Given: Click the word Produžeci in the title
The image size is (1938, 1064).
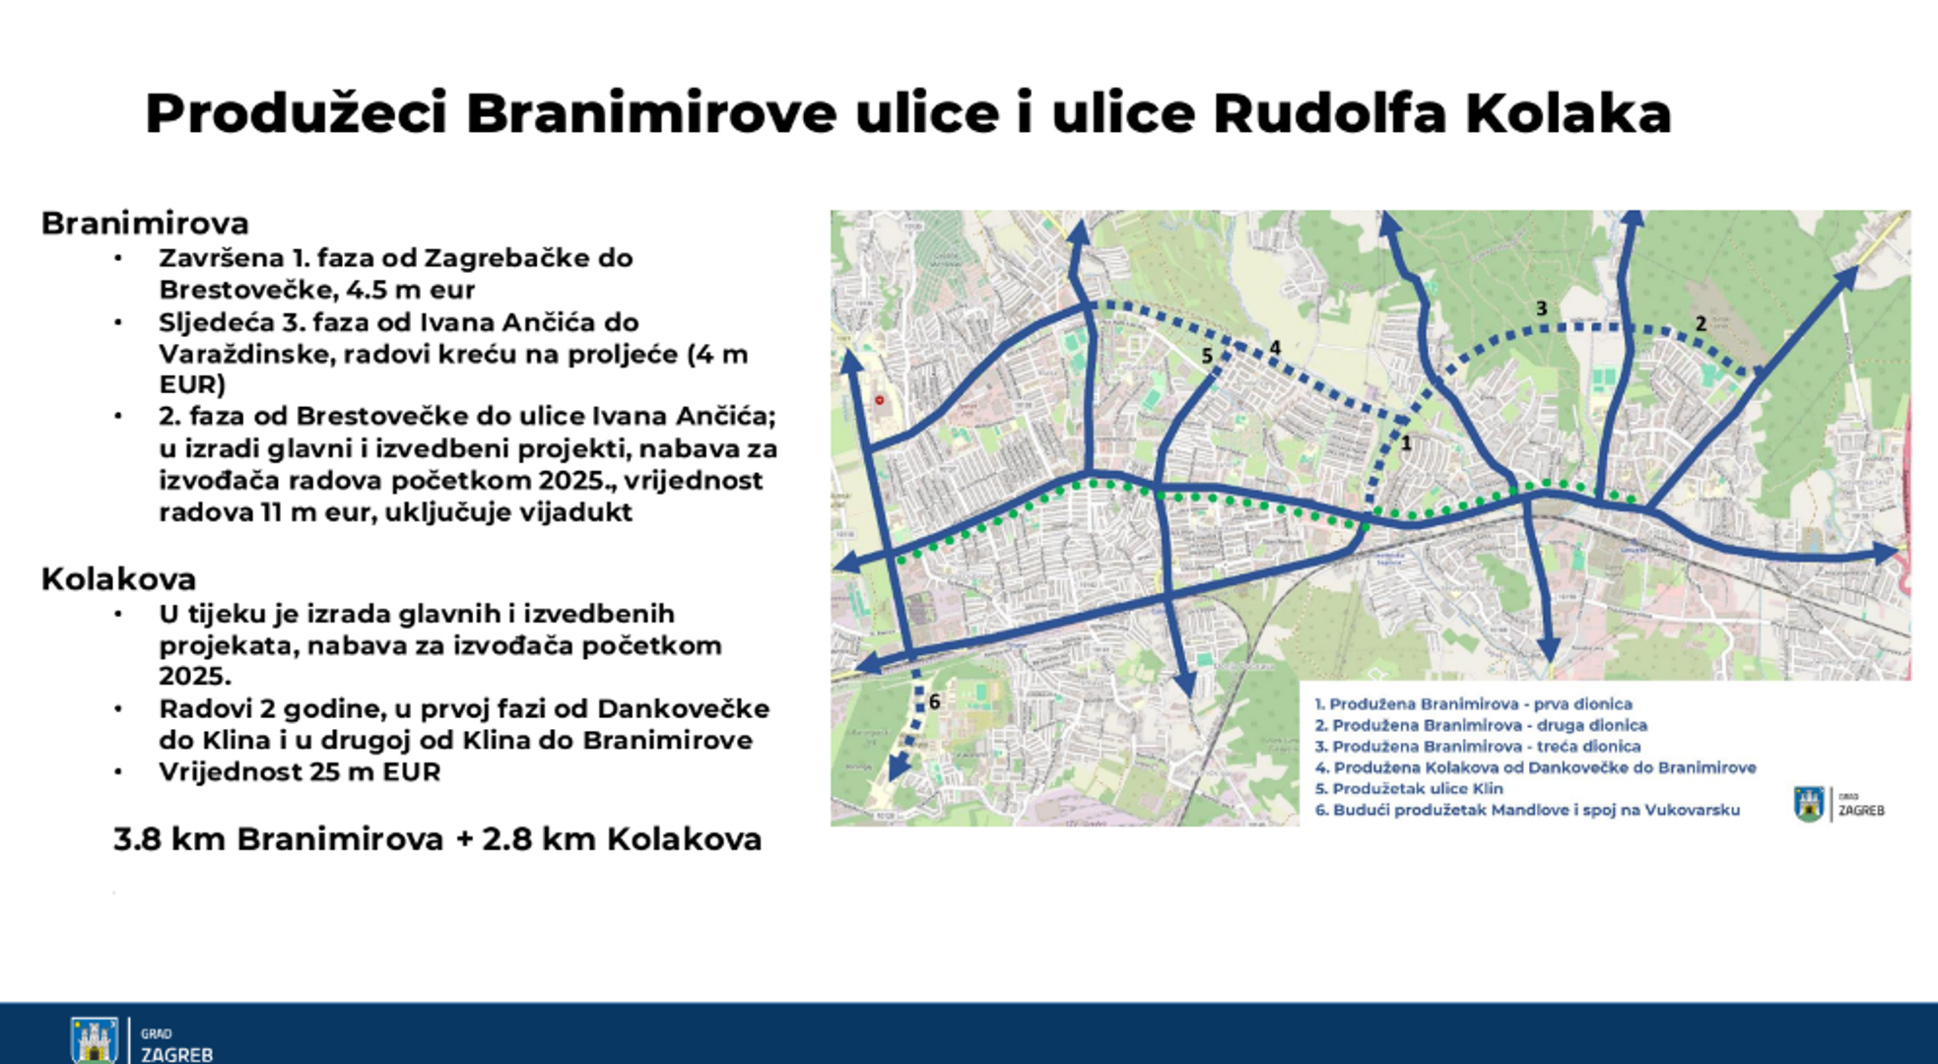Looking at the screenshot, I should [x=297, y=114].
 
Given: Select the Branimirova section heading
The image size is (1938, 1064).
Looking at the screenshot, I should [x=145, y=224].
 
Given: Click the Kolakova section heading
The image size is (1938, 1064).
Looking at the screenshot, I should [x=118, y=579].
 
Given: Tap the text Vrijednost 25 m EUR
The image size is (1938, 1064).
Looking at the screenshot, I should [x=300, y=771].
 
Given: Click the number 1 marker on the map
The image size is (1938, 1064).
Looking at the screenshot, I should [x=1406, y=443].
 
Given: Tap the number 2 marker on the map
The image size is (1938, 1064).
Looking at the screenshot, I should [x=1701, y=323].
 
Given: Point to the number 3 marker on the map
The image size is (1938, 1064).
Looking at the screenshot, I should [x=1542, y=308].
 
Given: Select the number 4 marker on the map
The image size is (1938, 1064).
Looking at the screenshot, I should [x=1275, y=347].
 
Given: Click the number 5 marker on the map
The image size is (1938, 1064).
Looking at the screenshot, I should [x=1207, y=356].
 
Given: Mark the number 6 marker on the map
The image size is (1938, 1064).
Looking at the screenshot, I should [x=934, y=701].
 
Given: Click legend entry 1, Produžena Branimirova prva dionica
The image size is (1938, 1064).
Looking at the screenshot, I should [x=1473, y=703].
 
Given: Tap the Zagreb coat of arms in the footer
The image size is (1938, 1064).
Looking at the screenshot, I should [x=95, y=1040].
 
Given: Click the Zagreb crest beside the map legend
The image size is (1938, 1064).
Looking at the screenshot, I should [x=1809, y=804].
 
